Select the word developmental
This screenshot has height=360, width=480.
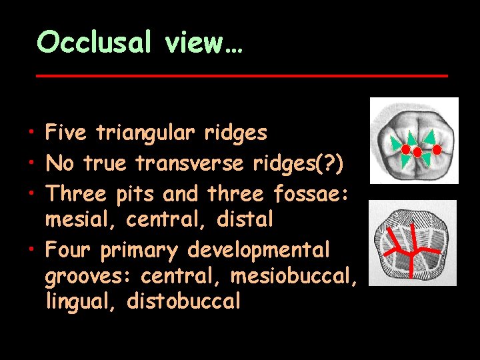point(258,251)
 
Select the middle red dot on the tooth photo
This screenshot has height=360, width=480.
point(417,152)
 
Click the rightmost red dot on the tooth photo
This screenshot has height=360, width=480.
point(437,149)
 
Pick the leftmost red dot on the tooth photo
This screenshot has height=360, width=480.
point(405,149)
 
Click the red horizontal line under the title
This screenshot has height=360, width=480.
point(241,76)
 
